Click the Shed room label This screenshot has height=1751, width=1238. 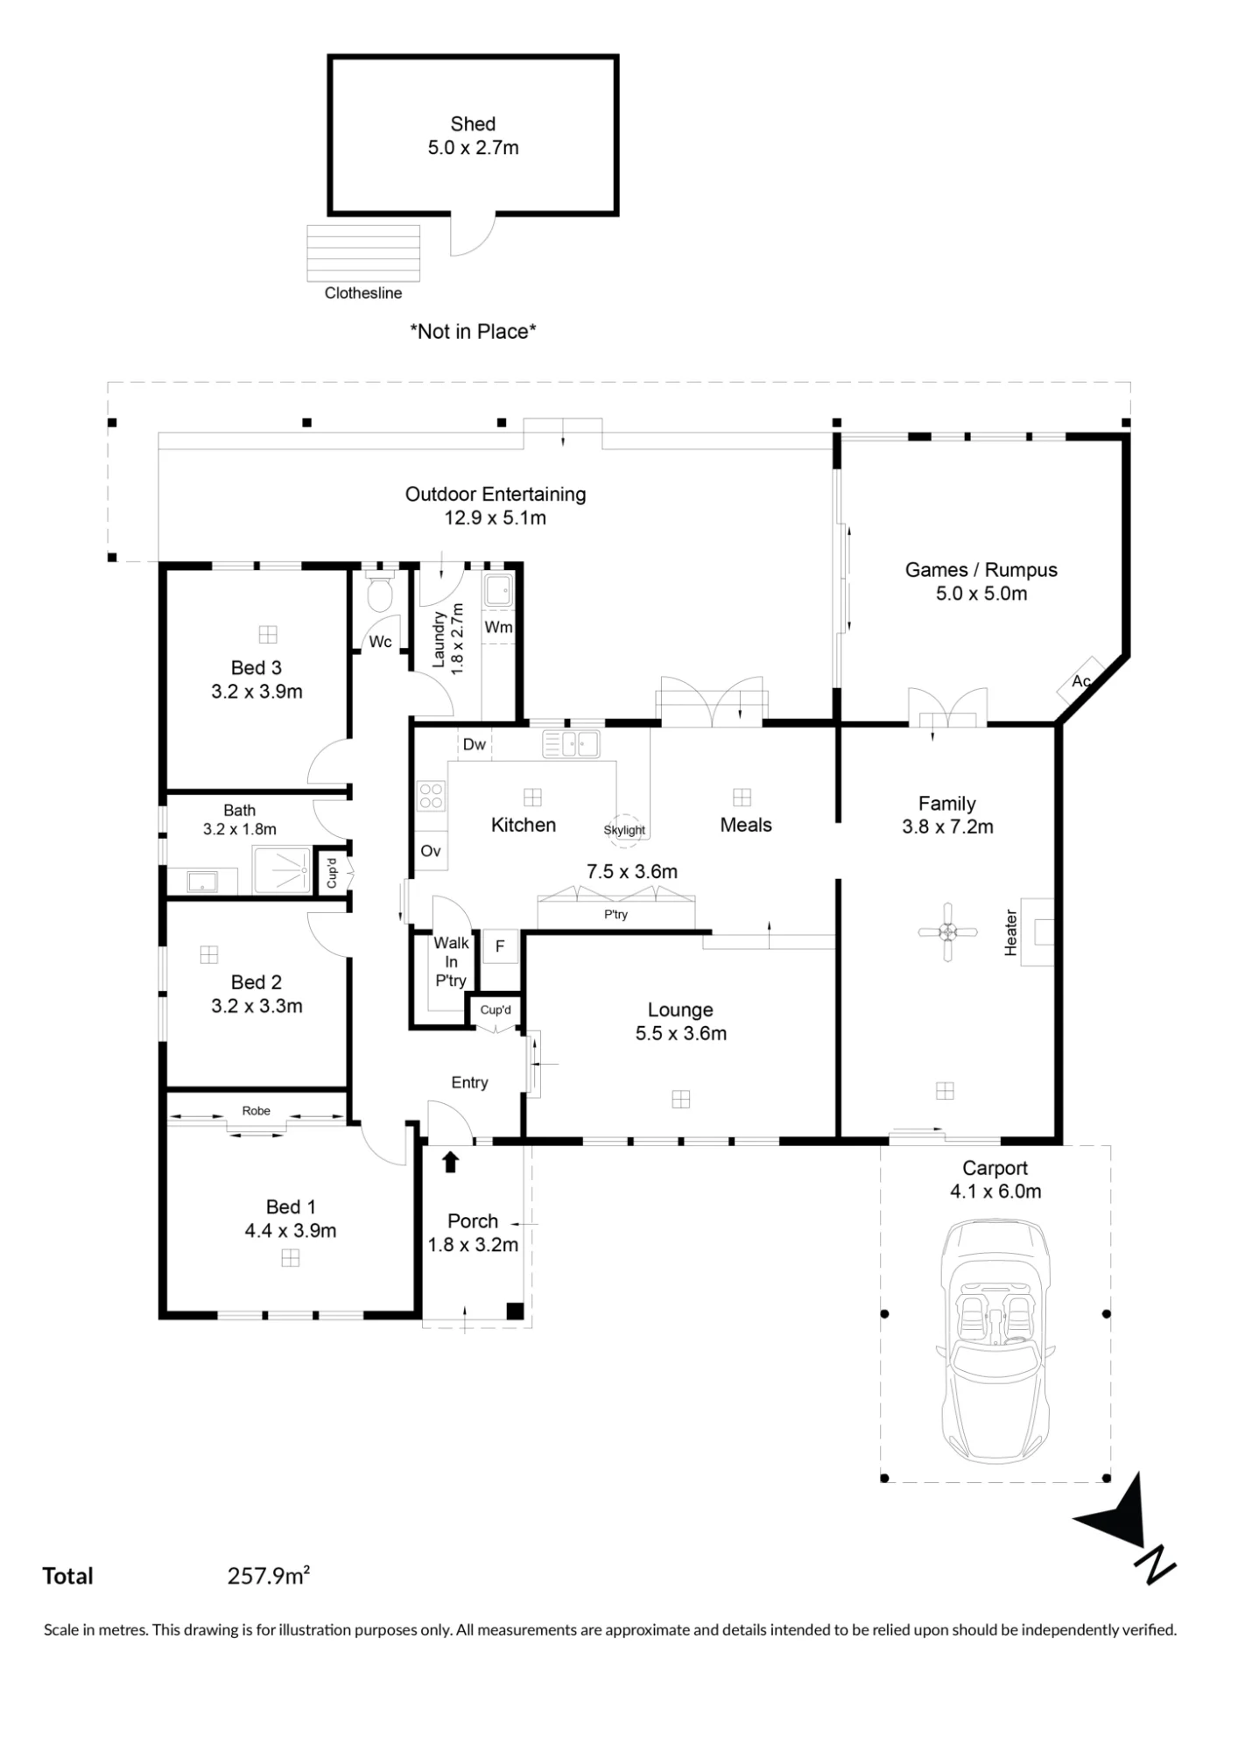473,124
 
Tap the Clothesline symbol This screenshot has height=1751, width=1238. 363,254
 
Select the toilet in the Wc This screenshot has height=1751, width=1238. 380,593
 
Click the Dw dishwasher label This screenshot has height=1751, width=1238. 475,744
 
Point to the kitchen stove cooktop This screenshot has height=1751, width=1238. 431,795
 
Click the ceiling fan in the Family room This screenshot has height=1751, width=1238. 947,932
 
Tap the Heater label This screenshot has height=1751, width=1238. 1010,932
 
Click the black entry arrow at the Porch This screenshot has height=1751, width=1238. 450,1162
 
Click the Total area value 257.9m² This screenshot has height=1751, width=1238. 269,1576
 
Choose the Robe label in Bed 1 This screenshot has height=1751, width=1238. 256,1110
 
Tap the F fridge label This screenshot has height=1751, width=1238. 500,946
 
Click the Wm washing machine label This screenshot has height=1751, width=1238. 498,627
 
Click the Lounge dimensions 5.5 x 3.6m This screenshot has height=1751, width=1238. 681,1033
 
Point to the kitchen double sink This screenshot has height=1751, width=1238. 571,744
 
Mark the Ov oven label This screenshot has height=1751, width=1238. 431,851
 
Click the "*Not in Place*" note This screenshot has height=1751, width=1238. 473,332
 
